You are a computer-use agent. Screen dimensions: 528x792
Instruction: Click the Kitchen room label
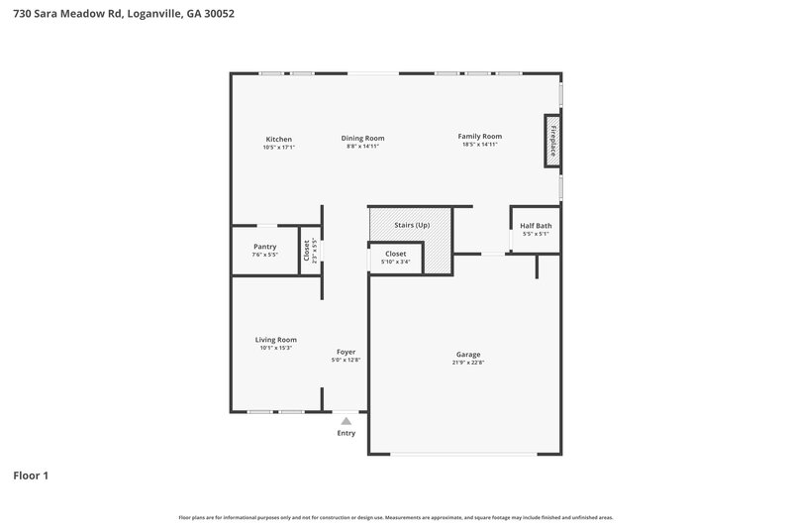pyautogui.click(x=278, y=138)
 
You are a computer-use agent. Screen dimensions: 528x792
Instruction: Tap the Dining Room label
pyautogui.click(x=362, y=138)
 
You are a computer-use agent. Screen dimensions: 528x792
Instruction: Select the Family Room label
pyautogui.click(x=479, y=136)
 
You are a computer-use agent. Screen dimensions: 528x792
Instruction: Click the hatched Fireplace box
pyautogui.click(x=551, y=138)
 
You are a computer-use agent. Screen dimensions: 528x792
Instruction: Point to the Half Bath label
pyautogui.click(x=536, y=226)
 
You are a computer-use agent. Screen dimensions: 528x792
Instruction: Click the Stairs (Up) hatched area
pyautogui.click(x=411, y=225)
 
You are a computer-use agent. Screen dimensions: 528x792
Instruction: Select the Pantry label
pyautogui.click(x=264, y=247)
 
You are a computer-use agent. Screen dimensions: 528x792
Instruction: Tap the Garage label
pyautogui.click(x=468, y=355)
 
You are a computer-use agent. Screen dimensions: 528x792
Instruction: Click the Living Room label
pyautogui.click(x=275, y=340)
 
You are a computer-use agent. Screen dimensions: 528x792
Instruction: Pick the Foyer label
pyautogui.click(x=346, y=352)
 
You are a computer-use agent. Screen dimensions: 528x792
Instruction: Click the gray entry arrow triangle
pyautogui.click(x=346, y=421)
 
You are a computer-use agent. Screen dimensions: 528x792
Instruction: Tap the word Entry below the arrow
pyautogui.click(x=346, y=433)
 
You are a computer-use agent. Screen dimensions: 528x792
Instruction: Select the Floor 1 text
pyautogui.click(x=30, y=476)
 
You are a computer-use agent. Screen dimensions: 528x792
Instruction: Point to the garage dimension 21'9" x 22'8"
pyautogui.click(x=468, y=364)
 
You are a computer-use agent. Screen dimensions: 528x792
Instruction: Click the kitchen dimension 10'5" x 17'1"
pyautogui.click(x=278, y=147)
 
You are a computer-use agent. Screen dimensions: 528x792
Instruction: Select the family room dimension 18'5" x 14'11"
pyautogui.click(x=479, y=145)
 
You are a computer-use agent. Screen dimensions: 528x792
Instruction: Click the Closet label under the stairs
pyautogui.click(x=396, y=254)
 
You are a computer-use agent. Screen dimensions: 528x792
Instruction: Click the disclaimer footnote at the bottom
pyautogui.click(x=396, y=517)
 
